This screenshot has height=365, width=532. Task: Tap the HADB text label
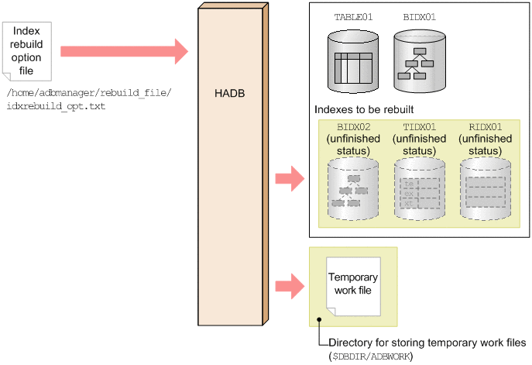(x=230, y=94)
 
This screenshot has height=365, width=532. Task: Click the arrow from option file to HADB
(x=124, y=51)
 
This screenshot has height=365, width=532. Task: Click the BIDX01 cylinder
(x=419, y=57)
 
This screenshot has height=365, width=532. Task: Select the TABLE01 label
(x=353, y=16)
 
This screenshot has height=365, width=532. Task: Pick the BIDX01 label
(x=420, y=16)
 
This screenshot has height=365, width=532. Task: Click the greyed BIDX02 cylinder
(x=353, y=188)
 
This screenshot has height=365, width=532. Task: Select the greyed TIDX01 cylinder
(x=419, y=188)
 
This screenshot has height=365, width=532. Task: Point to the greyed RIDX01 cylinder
(x=486, y=188)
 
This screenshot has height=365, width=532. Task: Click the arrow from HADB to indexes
(x=290, y=177)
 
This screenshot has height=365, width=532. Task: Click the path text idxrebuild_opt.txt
(x=55, y=105)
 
